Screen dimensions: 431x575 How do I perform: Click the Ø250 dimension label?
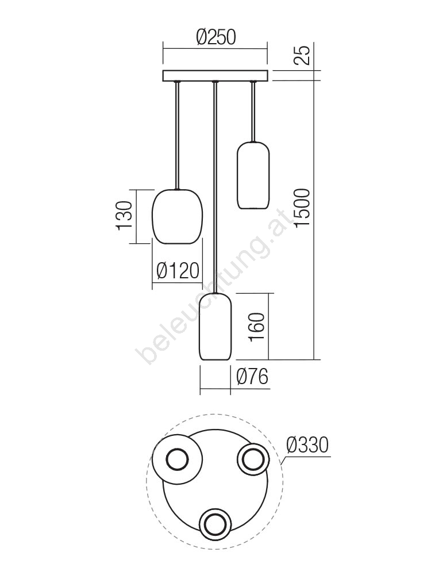[x=215, y=37]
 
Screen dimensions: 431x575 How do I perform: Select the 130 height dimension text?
[x=124, y=216]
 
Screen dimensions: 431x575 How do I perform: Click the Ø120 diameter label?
[x=178, y=271]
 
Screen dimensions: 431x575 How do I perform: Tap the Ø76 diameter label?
[x=252, y=377]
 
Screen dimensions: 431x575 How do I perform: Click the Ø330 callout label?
[x=307, y=445]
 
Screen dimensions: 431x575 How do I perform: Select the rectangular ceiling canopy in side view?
[x=215, y=75]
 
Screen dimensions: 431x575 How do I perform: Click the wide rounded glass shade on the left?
[x=177, y=216]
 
